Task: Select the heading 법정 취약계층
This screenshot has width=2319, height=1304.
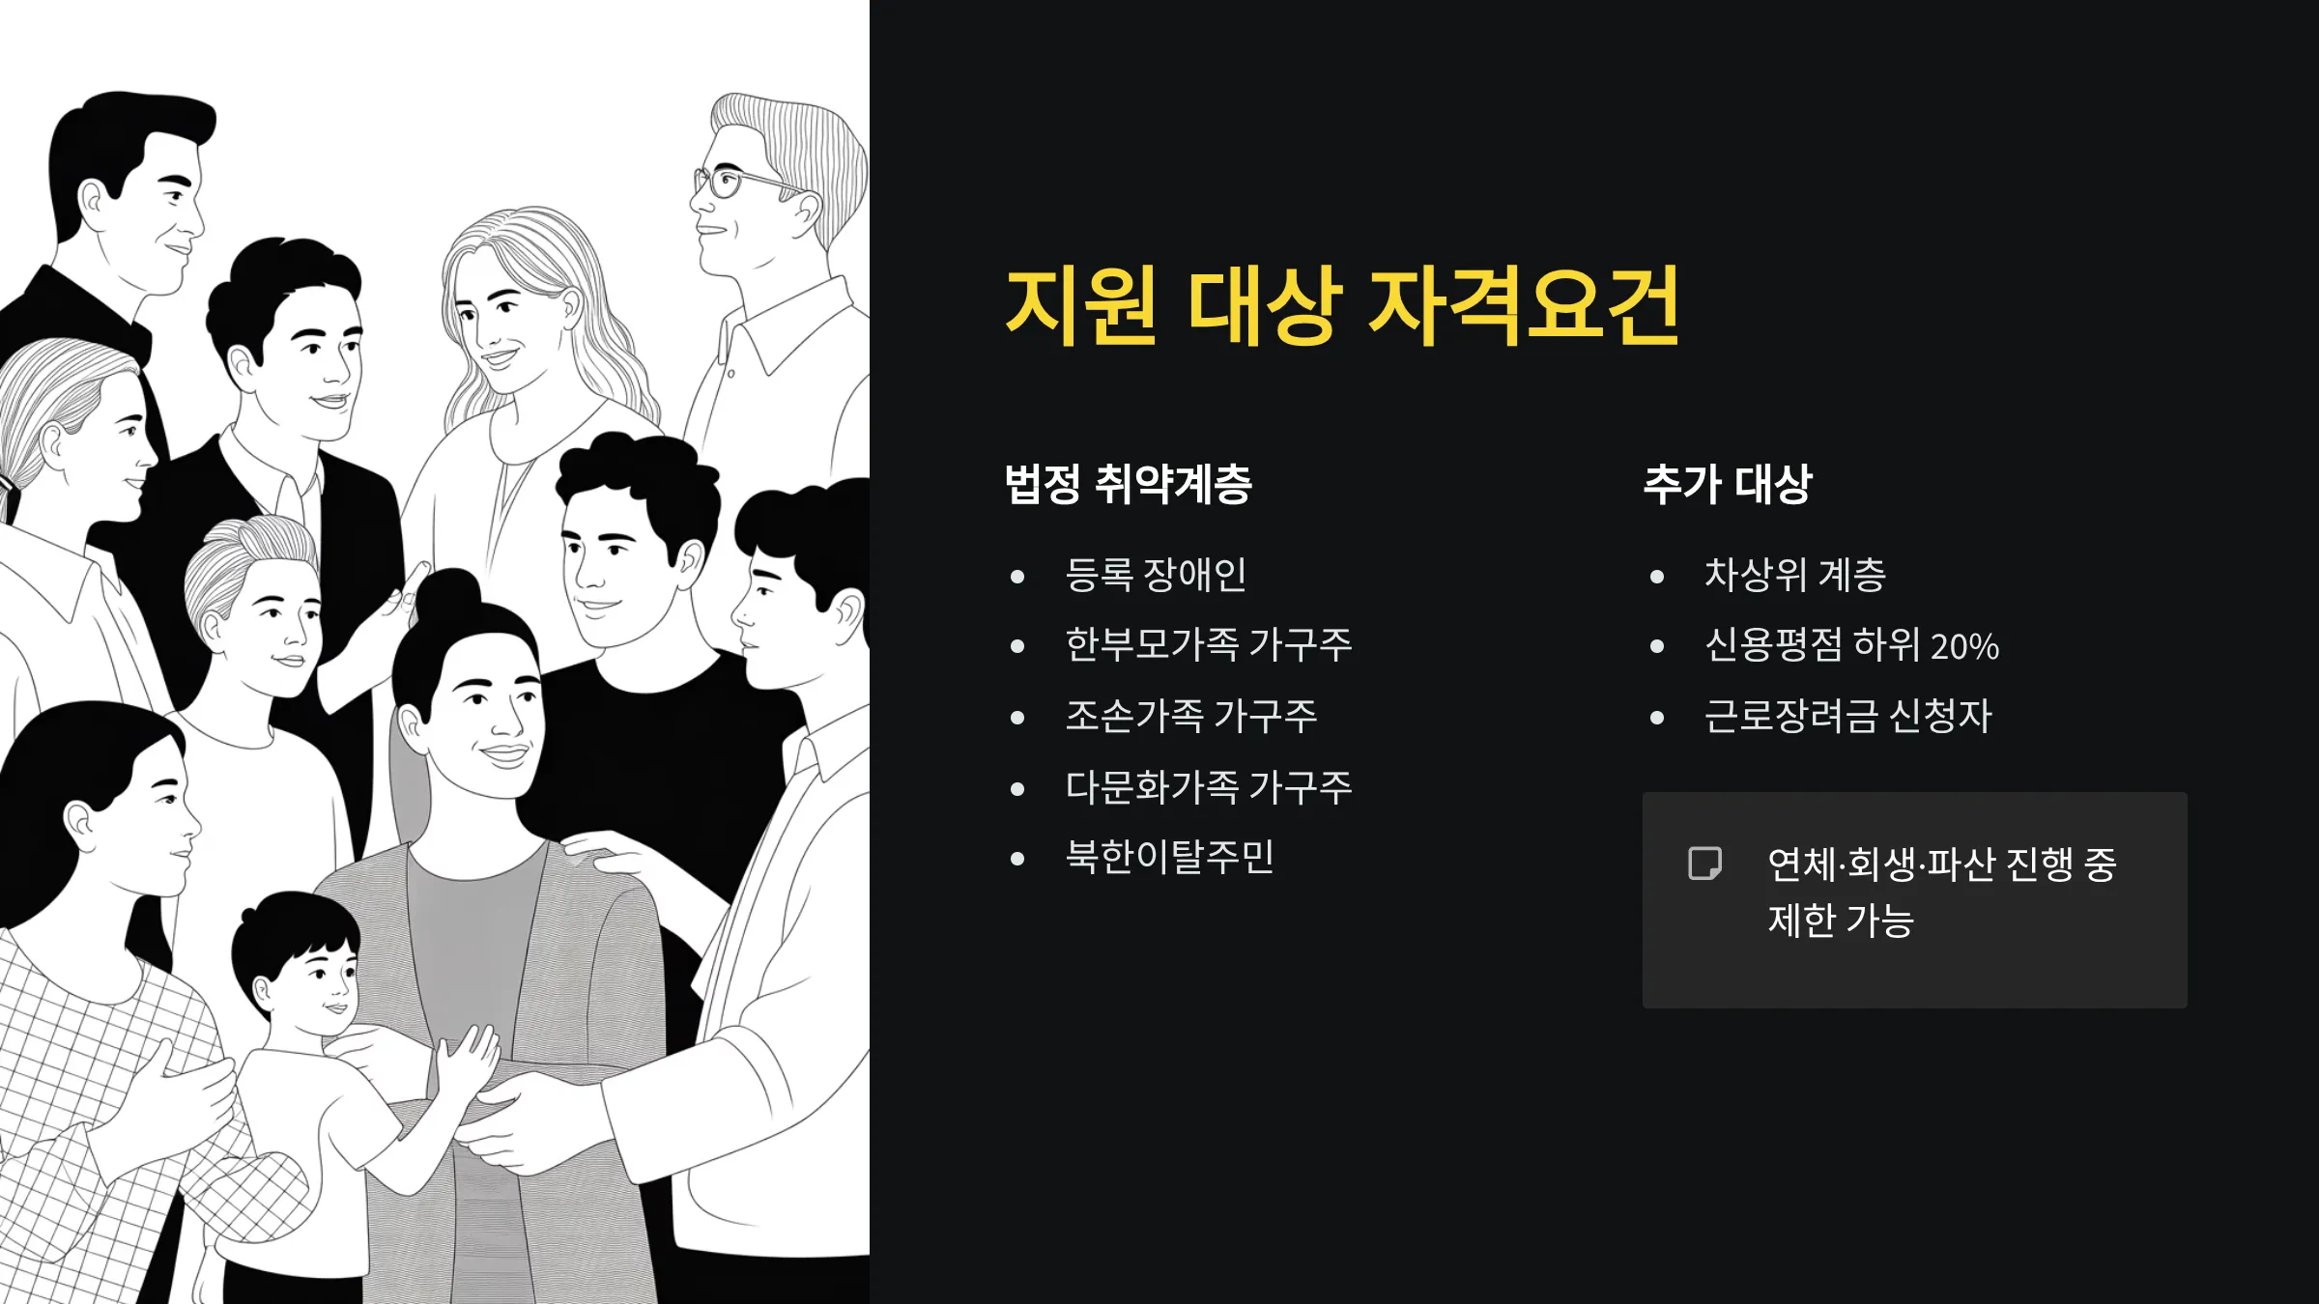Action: [1128, 484]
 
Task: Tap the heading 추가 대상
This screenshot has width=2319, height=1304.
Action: [1728, 484]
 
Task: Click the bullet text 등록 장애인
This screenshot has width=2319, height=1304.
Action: [1156, 575]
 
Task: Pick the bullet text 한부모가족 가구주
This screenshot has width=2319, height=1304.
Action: [1208, 645]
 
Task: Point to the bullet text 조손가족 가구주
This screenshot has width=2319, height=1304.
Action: [1190, 717]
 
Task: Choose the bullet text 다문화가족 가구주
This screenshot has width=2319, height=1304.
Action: [1208, 787]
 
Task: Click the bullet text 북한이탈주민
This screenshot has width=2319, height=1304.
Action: [1169, 858]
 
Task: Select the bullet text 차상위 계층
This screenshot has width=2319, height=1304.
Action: [1794, 575]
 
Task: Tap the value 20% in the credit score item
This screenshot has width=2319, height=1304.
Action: [1964, 646]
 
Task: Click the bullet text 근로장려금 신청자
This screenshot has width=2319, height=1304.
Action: [1847, 717]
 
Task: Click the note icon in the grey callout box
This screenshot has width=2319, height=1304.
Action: [1704, 864]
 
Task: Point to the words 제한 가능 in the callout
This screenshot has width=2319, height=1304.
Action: [1841, 921]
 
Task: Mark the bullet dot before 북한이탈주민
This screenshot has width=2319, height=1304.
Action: [1016, 859]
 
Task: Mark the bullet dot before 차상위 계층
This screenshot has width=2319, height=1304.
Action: [1657, 577]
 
